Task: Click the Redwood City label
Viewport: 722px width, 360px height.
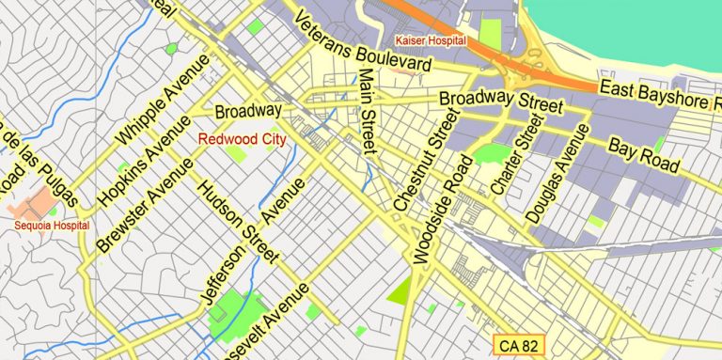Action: tap(241, 138)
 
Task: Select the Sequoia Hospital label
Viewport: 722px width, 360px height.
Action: tap(52, 226)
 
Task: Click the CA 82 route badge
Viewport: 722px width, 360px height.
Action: tap(520, 345)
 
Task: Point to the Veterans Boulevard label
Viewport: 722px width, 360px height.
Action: tap(362, 43)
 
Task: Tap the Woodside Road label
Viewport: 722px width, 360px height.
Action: tap(443, 211)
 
